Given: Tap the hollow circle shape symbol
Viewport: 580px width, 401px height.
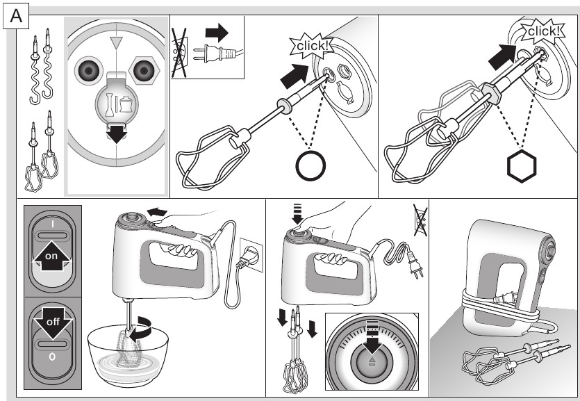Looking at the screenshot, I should (x=309, y=166).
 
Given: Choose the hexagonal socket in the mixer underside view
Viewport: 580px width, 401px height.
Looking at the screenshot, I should (x=144, y=71).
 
